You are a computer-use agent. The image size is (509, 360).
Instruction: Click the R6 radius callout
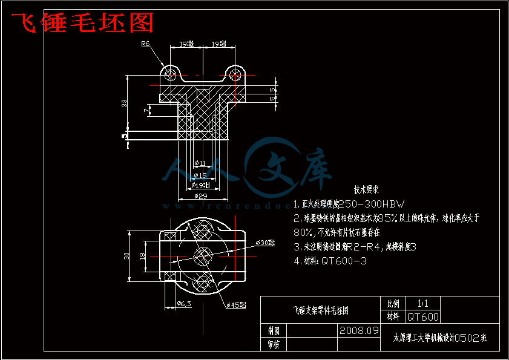coord(145,44)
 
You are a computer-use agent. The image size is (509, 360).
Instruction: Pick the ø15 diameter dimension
coord(200,175)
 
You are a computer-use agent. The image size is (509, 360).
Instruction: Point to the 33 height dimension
coord(124,103)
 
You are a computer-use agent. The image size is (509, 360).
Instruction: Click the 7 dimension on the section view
coord(146,110)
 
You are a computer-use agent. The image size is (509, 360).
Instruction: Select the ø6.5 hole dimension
coord(183,304)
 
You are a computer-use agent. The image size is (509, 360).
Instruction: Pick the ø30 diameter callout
coord(265,243)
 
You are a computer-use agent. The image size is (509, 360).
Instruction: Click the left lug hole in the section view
coord(169,74)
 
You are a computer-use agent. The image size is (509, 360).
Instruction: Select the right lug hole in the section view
coord(235,74)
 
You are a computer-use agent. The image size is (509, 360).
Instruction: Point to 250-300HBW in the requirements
coord(370,204)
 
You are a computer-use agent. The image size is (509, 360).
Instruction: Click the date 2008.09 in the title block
coord(359,331)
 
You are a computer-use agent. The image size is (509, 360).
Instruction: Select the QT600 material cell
coord(422,316)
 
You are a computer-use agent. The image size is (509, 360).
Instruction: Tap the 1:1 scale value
coord(422,303)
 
